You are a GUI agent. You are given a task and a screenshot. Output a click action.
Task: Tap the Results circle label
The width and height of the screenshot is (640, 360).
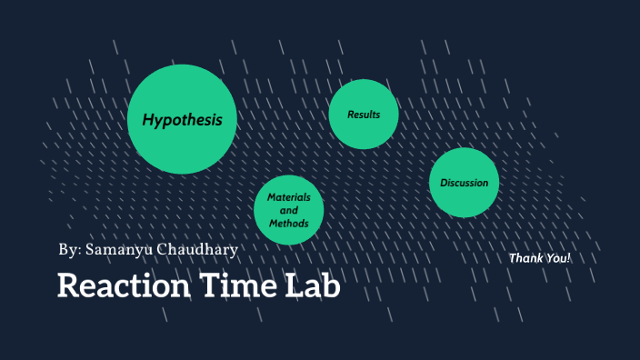click(x=364, y=115)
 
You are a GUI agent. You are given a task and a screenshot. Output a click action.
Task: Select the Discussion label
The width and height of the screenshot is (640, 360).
click(x=465, y=183)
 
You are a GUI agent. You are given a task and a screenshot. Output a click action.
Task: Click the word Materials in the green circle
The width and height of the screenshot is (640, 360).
click(x=289, y=197)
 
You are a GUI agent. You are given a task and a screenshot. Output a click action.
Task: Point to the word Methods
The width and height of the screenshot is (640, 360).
click(x=289, y=223)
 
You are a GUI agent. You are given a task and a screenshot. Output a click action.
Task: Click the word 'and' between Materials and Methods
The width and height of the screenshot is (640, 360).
click(x=289, y=210)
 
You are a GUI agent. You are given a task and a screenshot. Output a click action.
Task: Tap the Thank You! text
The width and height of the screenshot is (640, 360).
click(x=540, y=258)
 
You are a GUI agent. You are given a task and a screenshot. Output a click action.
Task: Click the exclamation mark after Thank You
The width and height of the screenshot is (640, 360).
click(x=568, y=258)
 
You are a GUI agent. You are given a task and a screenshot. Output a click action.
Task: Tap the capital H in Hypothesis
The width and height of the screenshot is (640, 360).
click(x=146, y=120)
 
